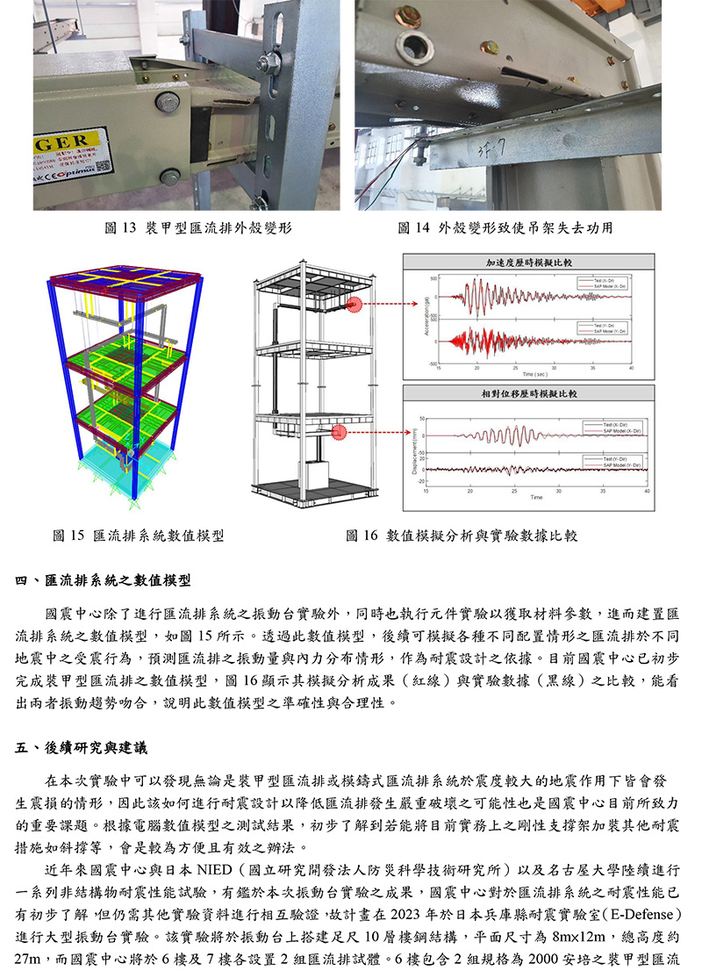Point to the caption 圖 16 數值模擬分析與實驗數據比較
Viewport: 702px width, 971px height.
click(x=461, y=535)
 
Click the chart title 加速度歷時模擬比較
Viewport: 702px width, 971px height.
click(x=528, y=263)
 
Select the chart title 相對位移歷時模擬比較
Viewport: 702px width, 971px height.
click(x=528, y=394)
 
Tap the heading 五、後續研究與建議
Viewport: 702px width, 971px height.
click(x=82, y=748)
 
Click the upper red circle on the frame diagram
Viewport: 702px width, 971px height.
click(x=355, y=305)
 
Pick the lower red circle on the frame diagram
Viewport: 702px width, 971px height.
click(x=341, y=433)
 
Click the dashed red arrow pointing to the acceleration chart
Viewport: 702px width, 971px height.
click(x=390, y=305)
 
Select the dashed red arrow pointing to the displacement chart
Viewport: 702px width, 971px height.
click(x=386, y=433)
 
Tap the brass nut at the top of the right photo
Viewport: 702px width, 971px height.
click(x=408, y=15)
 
